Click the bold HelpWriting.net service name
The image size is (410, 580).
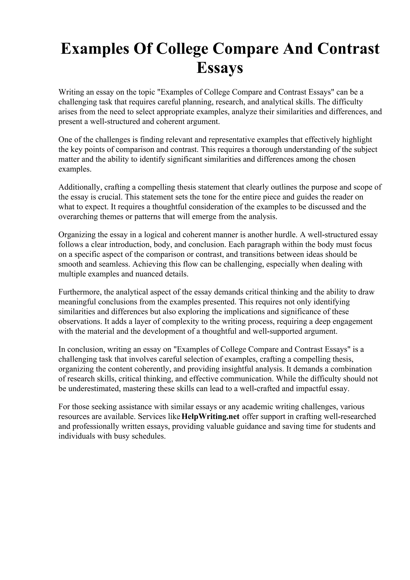tap(210, 416)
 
